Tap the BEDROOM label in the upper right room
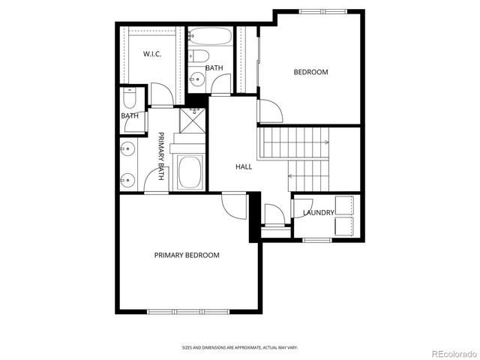pyautogui.click(x=310, y=72)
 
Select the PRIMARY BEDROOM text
pyautogui.click(x=187, y=255)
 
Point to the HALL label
pyautogui.click(x=244, y=166)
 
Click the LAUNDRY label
pyautogui.click(x=318, y=213)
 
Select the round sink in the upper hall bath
pyautogui.click(x=196, y=77)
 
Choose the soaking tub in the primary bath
pyautogui.click(x=190, y=173)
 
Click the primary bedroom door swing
pyautogui.click(x=235, y=205)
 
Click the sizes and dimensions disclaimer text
pyautogui.click(x=239, y=347)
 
